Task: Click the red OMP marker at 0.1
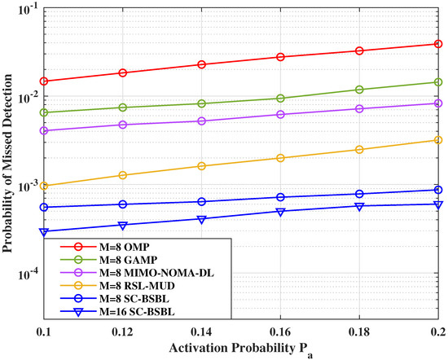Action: (x=44, y=81)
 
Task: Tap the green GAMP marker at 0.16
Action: (x=280, y=99)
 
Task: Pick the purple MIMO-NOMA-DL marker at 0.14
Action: (x=202, y=121)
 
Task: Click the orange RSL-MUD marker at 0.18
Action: (x=359, y=150)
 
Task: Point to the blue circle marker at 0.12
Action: (x=123, y=204)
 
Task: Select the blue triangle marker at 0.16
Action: (x=280, y=212)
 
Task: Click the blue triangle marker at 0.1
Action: (x=44, y=232)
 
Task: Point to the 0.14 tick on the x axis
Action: (x=202, y=332)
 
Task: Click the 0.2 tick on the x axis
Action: (x=438, y=332)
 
